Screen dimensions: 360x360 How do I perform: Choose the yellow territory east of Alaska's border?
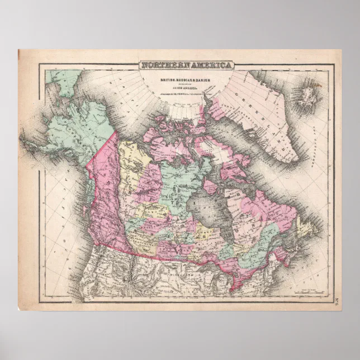(x=131, y=162)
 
